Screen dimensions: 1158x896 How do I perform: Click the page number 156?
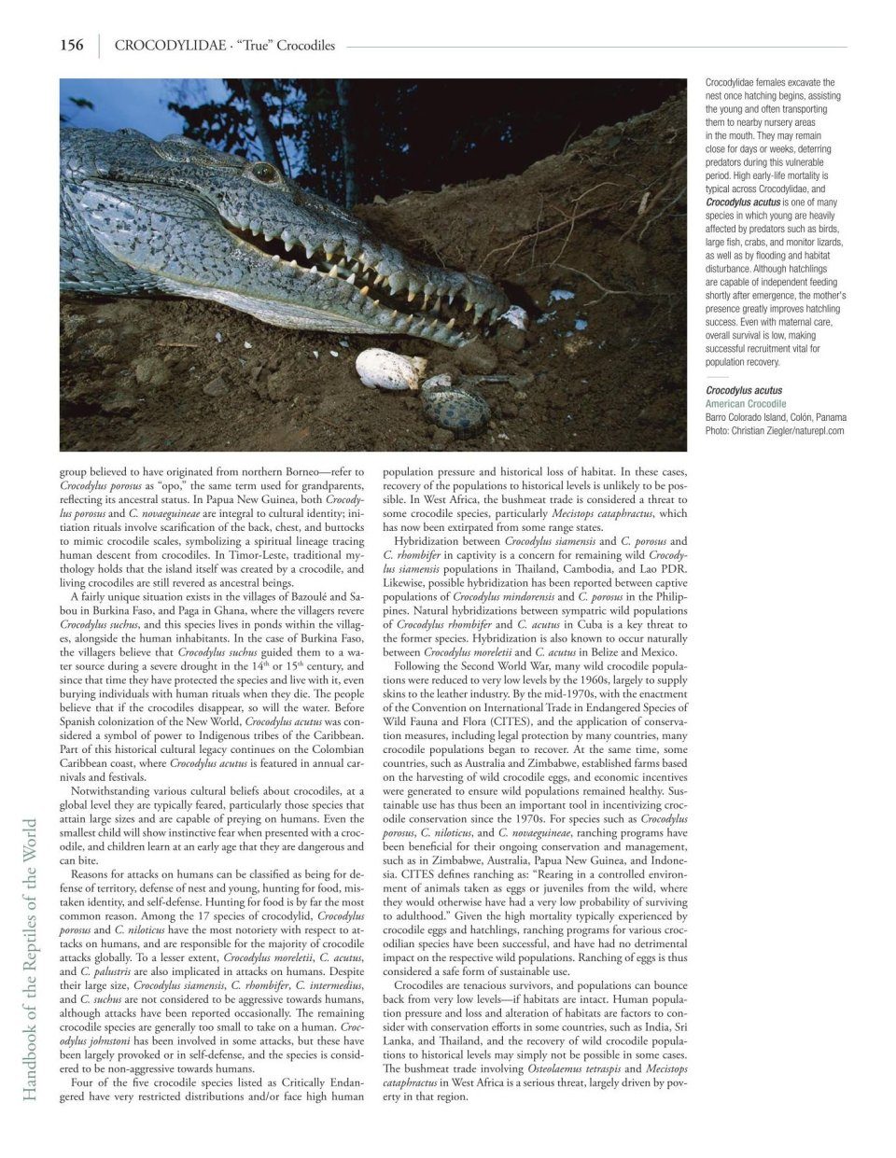[x=72, y=45]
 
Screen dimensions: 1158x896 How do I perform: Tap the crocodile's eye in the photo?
[x=264, y=172]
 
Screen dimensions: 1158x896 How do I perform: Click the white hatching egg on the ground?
[x=390, y=367]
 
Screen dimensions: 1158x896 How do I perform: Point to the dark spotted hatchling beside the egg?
[x=455, y=403]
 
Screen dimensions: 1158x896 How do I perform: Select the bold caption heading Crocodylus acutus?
[x=744, y=391]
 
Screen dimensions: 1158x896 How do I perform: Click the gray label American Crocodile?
[x=746, y=404]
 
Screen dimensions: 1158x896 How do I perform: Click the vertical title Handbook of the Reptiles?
[x=30, y=961]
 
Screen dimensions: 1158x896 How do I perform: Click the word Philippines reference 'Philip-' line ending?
[x=669, y=596]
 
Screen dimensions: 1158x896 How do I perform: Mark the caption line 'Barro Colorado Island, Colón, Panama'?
[x=776, y=418]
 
